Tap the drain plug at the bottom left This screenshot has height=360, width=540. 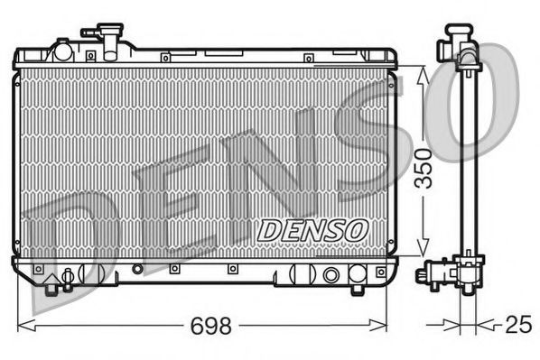coord(66,279)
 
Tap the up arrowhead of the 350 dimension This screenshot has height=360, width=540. coord(421,73)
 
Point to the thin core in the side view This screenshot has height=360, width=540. coord(465,162)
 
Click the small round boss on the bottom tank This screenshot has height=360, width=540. coord(137,269)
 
